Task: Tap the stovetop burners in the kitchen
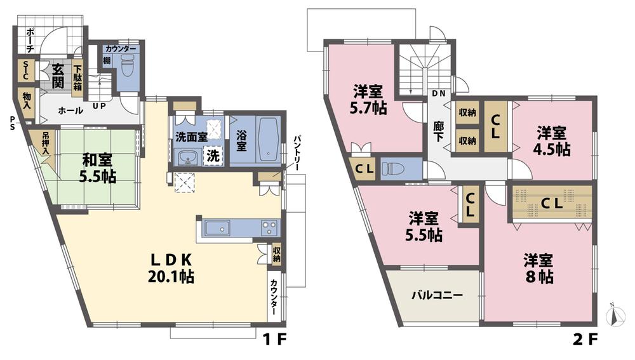pos(269,227)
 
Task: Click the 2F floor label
pos(582,340)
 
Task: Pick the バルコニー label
pos(436,295)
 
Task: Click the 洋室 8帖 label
pos(538,269)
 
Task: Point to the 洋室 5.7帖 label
pos(369,100)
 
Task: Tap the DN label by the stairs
pos(438,93)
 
